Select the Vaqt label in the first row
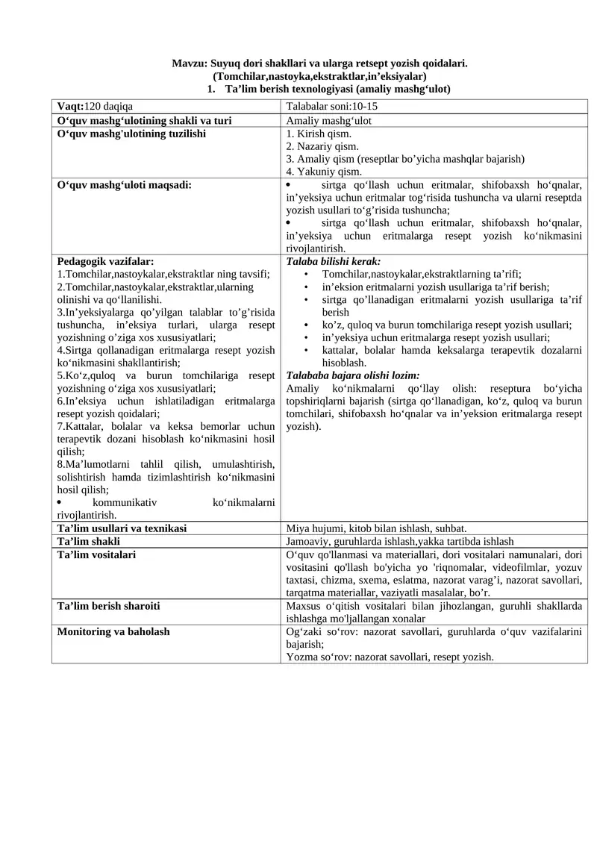coord(71,107)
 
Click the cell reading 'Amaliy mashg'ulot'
coord(329,120)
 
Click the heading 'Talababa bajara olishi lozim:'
coord(353,375)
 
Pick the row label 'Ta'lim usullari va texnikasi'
coord(122,528)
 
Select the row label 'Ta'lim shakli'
coord(89,541)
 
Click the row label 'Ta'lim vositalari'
coord(97,554)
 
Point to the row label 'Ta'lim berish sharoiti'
coord(109,606)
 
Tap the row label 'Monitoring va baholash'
coord(113,631)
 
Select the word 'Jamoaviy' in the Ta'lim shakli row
coord(307,541)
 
